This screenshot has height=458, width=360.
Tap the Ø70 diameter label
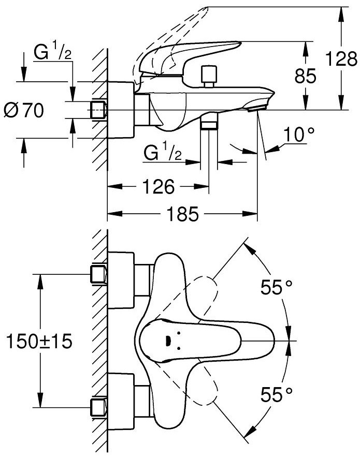tap(23, 110)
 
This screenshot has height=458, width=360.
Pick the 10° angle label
tap(299, 136)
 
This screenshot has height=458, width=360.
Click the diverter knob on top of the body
tap(209, 76)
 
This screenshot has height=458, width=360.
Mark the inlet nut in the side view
tap(98, 110)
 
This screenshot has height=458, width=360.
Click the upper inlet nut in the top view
tap(98, 274)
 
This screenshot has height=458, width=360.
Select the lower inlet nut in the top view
tap(98, 406)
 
